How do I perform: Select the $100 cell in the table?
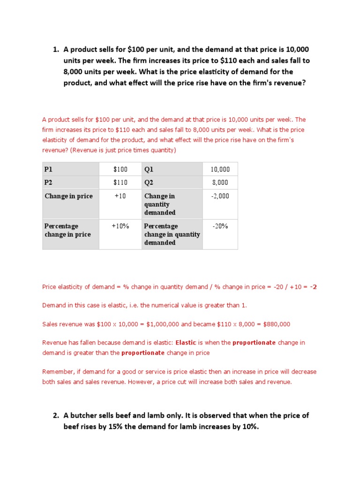click(120, 169)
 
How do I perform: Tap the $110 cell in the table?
click(120, 182)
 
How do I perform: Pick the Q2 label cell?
click(149, 182)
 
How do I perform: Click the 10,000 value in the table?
click(220, 169)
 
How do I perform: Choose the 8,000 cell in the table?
click(220, 182)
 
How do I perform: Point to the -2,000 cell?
click(220, 196)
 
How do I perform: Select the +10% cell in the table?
click(120, 226)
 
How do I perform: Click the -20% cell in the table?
click(220, 226)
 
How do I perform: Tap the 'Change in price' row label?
click(68, 196)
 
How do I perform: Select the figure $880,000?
click(277, 324)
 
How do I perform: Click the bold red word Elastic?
click(186, 343)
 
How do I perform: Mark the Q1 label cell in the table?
click(149, 169)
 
